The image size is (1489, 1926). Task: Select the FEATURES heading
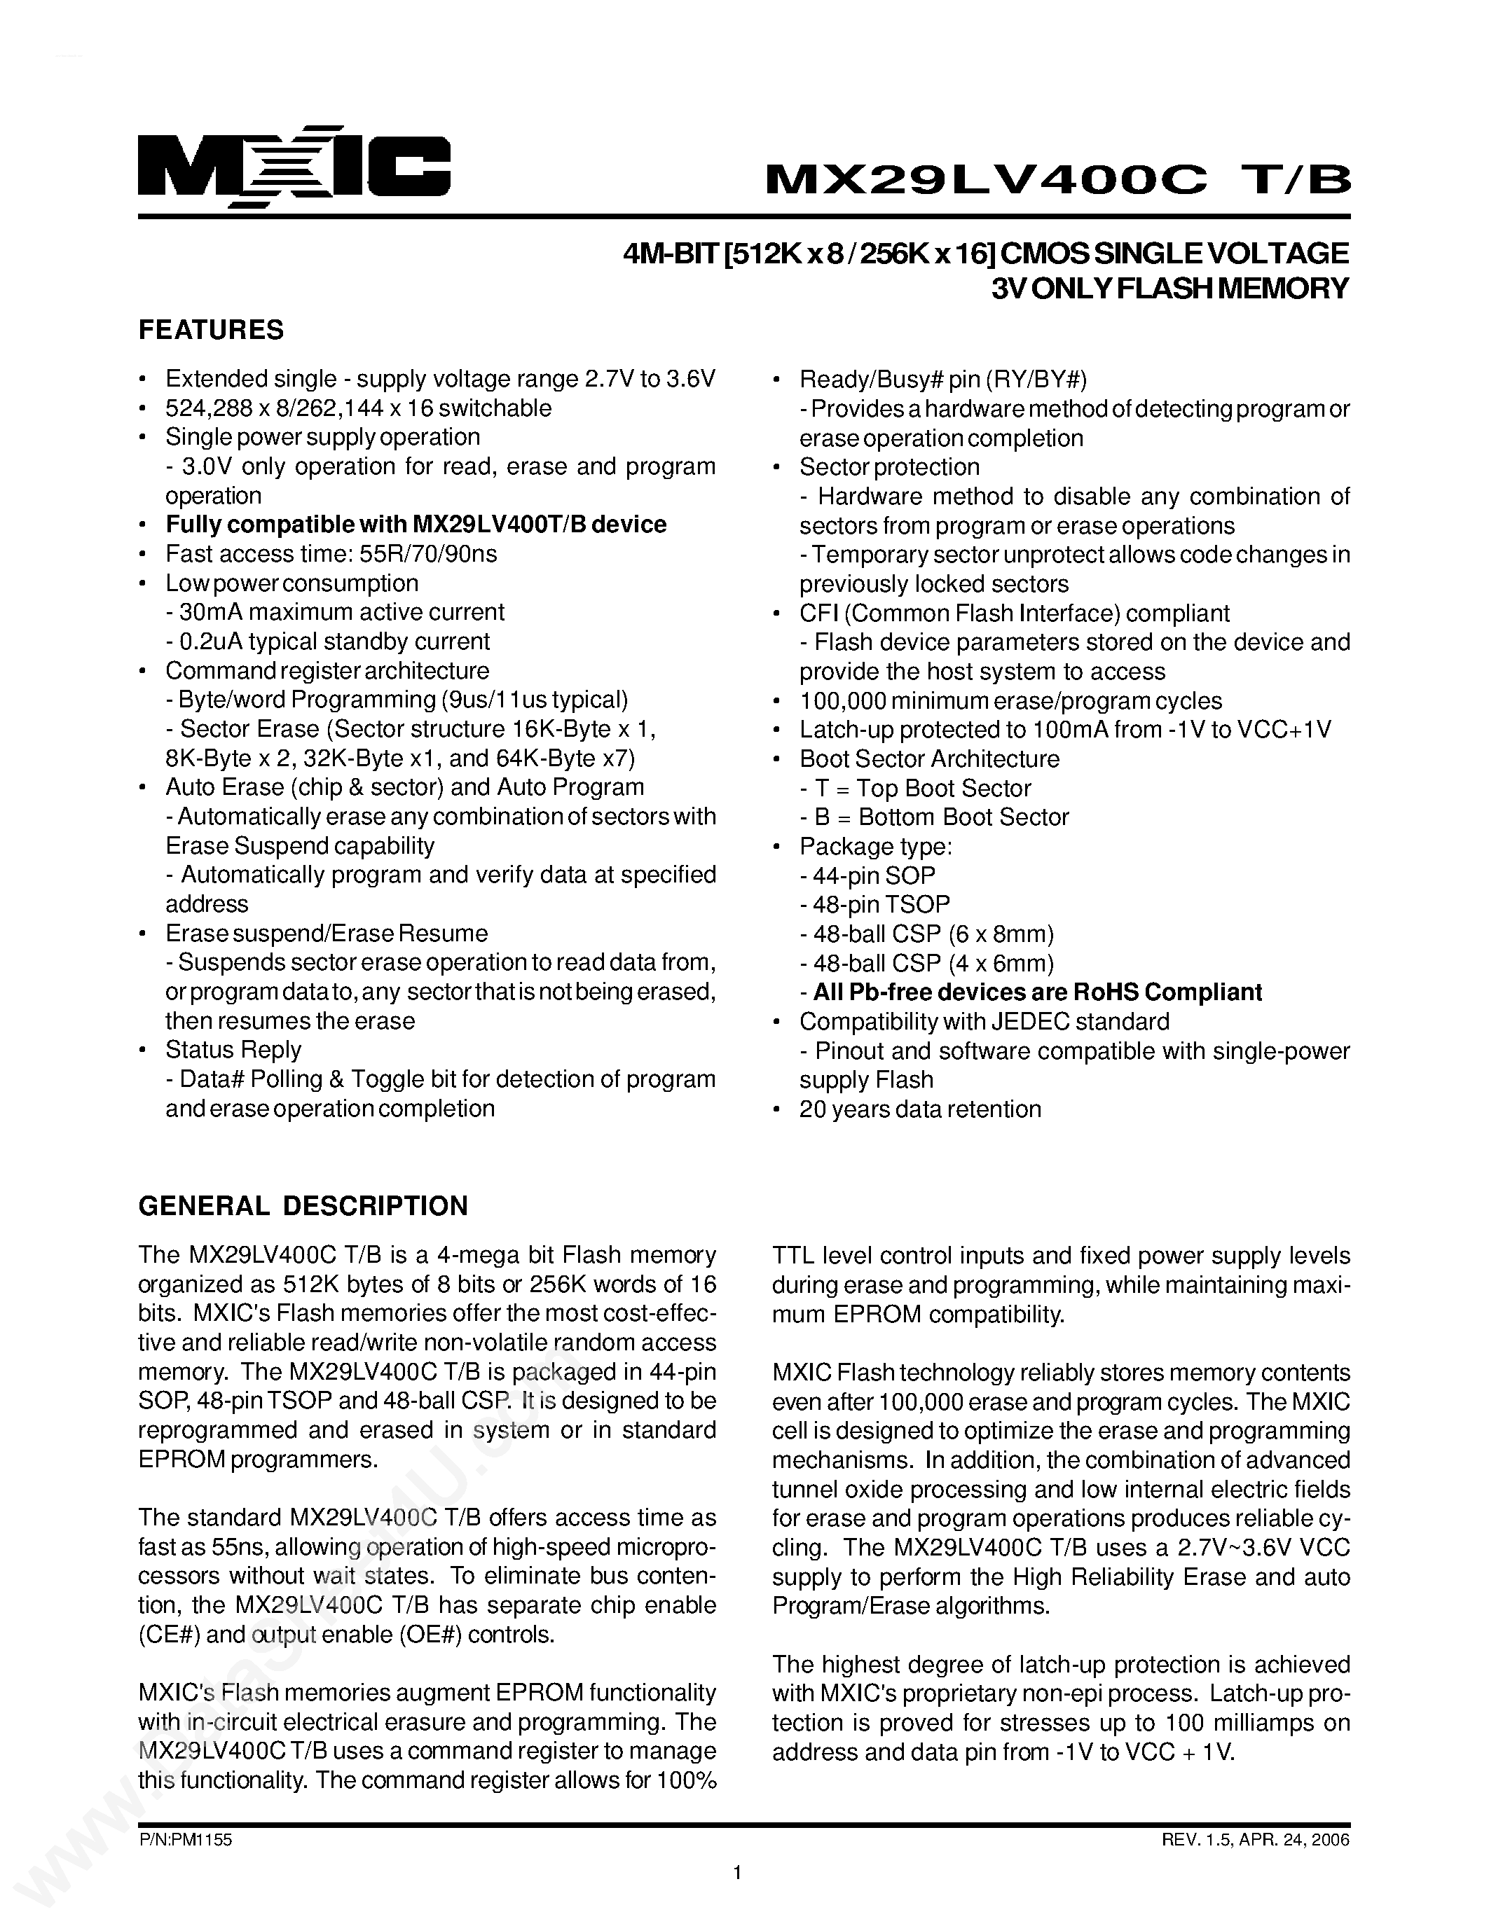(211, 330)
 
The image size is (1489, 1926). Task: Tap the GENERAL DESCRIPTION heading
(303, 1205)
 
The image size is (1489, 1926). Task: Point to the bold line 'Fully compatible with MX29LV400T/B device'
(416, 525)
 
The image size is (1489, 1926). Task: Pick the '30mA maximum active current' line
(335, 612)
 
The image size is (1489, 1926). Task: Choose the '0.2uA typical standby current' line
(327, 641)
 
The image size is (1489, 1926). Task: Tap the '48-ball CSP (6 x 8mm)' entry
(926, 934)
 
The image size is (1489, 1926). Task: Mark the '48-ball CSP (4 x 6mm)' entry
(926, 963)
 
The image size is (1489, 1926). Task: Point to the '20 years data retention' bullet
(919, 1109)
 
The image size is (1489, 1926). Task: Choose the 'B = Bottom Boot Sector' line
(933, 817)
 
